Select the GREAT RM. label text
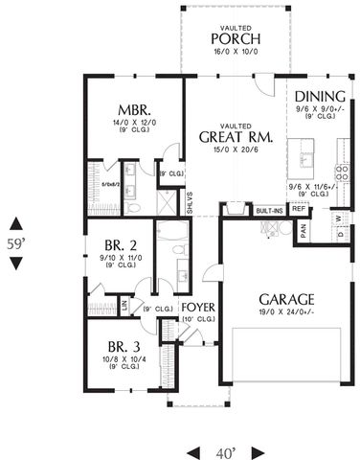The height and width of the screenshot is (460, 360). pos(236,137)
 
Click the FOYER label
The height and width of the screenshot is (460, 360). pos(197,308)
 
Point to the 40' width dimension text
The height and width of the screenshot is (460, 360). pos(225,449)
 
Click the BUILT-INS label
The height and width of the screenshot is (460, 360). pos(269,209)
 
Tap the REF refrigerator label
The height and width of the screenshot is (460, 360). pos(298,209)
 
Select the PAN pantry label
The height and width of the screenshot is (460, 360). pos(303,230)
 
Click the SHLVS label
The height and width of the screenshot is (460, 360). pos(191,202)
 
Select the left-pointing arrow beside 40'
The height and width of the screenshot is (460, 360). pos(193,449)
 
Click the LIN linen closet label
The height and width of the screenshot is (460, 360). pos(124,305)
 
